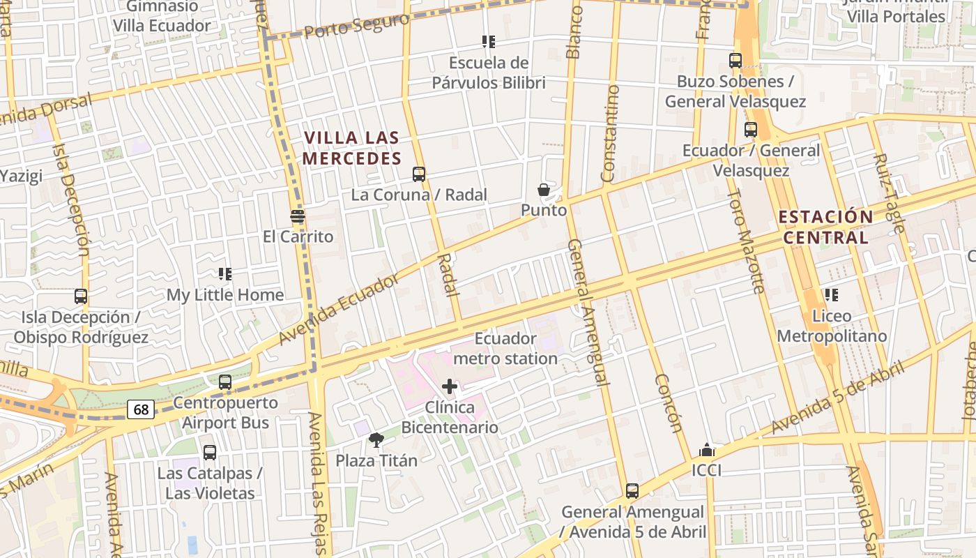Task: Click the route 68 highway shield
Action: (141, 409)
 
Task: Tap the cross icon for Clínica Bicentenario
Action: (450, 386)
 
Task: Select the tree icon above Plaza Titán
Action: (376, 439)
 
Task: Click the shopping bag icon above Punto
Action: (544, 190)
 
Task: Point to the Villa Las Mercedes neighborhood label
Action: (352, 149)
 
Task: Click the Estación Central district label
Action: (825, 227)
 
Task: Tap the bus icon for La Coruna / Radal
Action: (419, 174)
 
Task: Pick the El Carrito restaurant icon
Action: (298, 216)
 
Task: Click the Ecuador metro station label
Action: (505, 349)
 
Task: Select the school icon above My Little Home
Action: (224, 274)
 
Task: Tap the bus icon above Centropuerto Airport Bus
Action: (224, 382)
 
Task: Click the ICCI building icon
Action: (706, 450)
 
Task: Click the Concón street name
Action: (668, 403)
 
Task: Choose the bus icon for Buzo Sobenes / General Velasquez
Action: (735, 61)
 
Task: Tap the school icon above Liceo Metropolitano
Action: (831, 295)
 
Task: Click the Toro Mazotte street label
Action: (747, 241)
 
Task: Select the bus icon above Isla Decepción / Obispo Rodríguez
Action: (81, 296)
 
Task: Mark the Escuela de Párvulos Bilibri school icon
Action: (488, 42)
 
